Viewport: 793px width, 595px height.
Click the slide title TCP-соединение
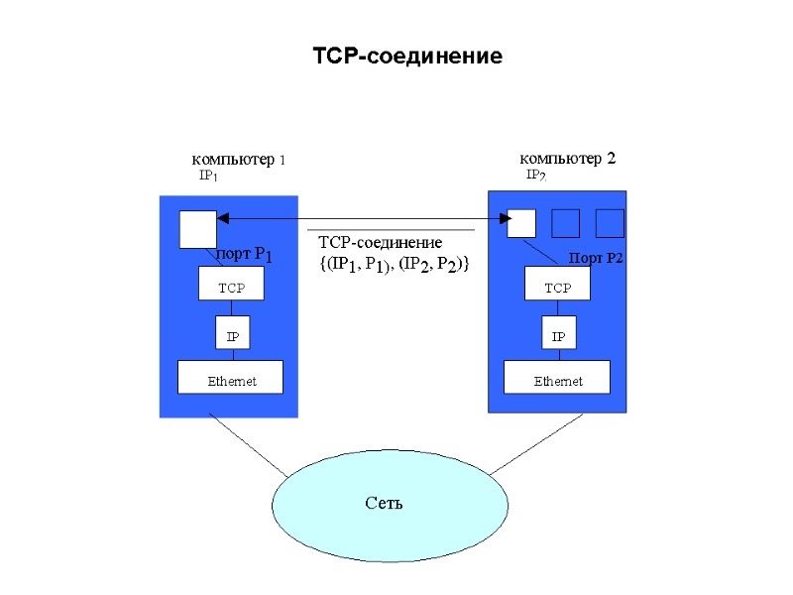[407, 57]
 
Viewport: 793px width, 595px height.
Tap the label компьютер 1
[238, 160]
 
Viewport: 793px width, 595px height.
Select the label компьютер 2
[568, 159]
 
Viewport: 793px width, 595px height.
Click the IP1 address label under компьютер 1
[208, 176]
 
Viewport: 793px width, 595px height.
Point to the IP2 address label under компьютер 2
[535, 176]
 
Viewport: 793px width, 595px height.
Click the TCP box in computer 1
[231, 287]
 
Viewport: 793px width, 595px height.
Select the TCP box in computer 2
[557, 288]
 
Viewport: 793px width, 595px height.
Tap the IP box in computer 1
[232, 336]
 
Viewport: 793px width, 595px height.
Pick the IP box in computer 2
[558, 336]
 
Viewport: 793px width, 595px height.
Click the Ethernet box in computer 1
[230, 381]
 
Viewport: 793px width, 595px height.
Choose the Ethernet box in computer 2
[557, 381]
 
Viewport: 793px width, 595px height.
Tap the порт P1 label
[244, 255]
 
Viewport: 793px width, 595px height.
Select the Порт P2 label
[595, 258]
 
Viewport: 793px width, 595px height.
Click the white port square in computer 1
[197, 229]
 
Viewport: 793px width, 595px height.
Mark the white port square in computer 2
[521, 223]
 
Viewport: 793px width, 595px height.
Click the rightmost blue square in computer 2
[610, 223]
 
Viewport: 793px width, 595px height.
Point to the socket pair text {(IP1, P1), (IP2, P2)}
[394, 265]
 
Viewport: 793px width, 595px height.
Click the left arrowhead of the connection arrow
[223, 217]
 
